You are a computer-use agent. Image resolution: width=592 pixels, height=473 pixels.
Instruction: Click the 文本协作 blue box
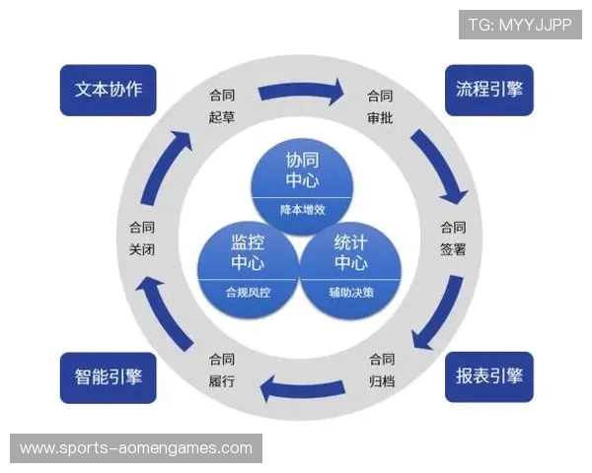(x=109, y=90)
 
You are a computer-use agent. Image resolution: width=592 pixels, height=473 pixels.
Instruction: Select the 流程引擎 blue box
(x=488, y=90)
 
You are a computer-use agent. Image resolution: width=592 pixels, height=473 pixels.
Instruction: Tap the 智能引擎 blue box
(x=109, y=376)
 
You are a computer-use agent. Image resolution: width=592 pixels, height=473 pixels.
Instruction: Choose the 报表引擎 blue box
(x=488, y=376)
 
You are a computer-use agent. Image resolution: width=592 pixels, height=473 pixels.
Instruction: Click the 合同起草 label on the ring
(x=222, y=106)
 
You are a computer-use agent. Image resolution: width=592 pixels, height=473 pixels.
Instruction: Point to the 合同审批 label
(x=380, y=106)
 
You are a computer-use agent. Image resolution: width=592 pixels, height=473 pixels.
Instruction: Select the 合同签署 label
(x=453, y=236)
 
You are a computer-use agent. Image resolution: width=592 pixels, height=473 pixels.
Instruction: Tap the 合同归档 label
(x=381, y=369)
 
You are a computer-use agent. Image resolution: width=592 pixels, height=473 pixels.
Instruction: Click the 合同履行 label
(x=222, y=369)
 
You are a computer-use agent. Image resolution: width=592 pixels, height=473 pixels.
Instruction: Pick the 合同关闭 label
(x=142, y=237)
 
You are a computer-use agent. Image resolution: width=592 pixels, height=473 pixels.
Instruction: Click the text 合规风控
(x=248, y=293)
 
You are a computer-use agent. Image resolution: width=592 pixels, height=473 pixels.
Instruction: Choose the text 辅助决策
(x=351, y=293)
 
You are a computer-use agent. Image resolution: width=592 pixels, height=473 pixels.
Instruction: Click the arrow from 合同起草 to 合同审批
(x=301, y=94)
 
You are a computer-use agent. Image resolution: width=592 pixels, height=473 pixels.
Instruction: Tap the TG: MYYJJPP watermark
(x=520, y=23)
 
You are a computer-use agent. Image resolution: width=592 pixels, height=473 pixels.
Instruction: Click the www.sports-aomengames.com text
(x=136, y=447)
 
